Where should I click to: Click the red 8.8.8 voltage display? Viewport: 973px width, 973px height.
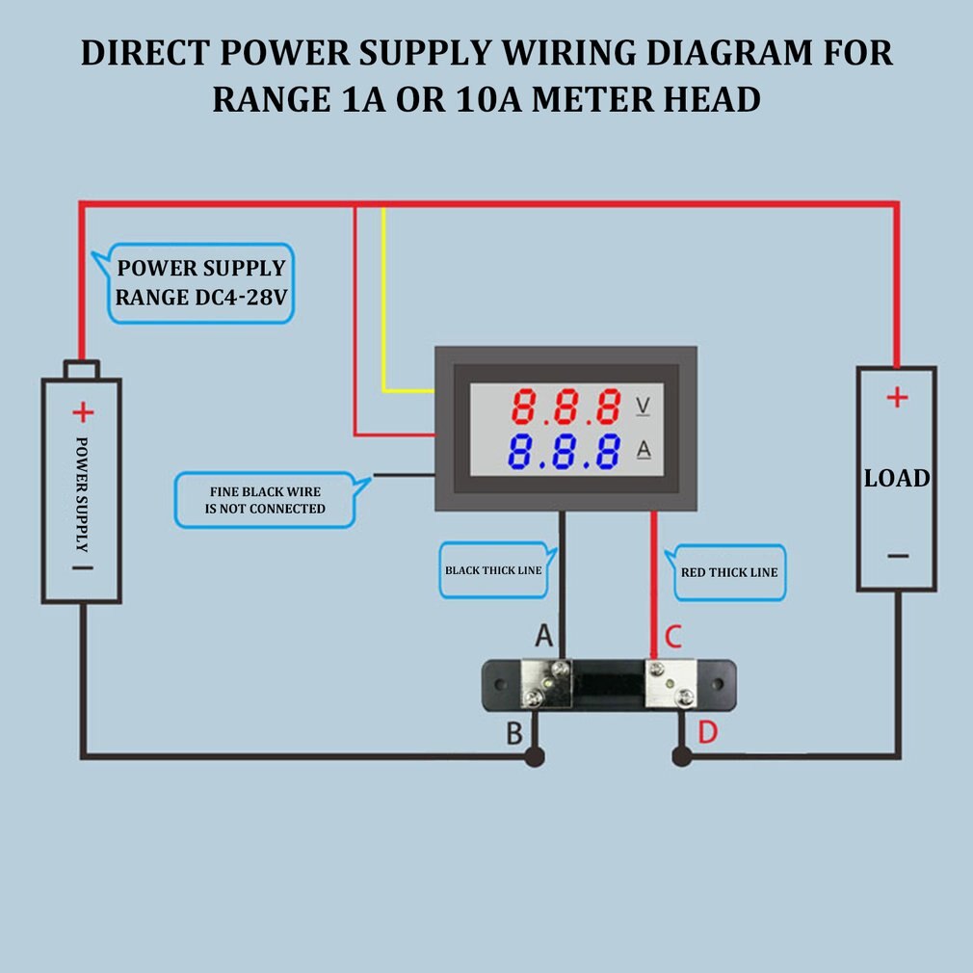click(565, 407)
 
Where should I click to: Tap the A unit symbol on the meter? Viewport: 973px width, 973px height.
click(644, 449)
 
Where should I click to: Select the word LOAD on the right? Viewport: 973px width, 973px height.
click(896, 478)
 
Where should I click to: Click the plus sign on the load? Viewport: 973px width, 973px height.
click(897, 397)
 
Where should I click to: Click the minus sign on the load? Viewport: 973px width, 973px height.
click(897, 556)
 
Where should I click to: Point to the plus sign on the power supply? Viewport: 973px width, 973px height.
click(83, 413)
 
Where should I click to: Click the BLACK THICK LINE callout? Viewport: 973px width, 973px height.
click(493, 570)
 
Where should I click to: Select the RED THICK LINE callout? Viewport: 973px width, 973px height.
click(729, 572)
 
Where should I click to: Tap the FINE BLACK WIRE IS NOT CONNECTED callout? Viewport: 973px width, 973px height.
click(265, 500)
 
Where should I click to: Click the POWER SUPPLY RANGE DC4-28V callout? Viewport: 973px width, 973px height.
click(200, 282)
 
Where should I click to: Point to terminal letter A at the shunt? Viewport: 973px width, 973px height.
click(544, 636)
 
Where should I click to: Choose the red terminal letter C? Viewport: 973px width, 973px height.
click(673, 637)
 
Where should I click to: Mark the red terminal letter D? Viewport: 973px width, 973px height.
click(708, 733)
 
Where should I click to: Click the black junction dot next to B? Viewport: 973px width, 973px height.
click(535, 757)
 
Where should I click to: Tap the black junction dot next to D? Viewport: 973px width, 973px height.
click(682, 757)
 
